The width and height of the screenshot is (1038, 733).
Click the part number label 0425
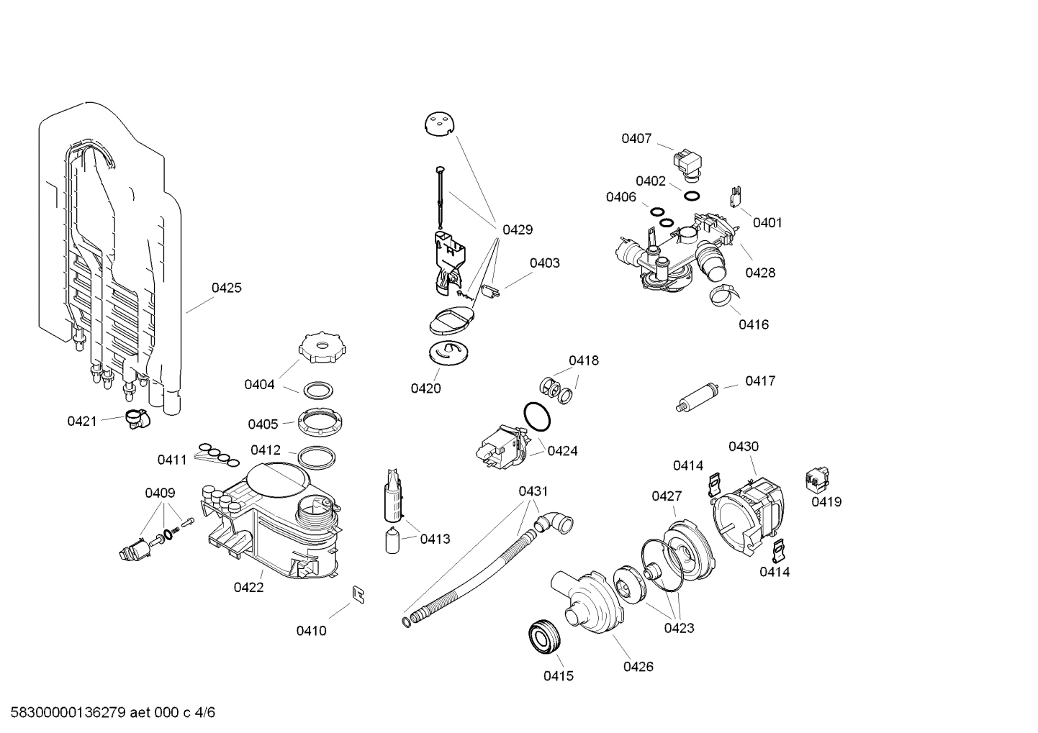pyautogui.click(x=226, y=288)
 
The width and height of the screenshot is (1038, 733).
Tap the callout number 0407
pyautogui.click(x=636, y=138)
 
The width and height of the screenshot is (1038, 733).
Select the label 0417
pyautogui.click(x=759, y=381)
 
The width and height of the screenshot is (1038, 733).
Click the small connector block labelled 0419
pyautogui.click(x=817, y=477)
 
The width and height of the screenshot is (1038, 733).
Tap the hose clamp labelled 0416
pyautogui.click(x=722, y=293)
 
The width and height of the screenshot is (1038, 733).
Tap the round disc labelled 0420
pyautogui.click(x=448, y=352)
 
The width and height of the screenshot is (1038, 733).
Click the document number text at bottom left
pyautogui.click(x=109, y=713)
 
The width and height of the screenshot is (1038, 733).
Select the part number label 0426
pyautogui.click(x=638, y=666)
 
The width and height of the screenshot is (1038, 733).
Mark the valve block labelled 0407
pyautogui.click(x=688, y=162)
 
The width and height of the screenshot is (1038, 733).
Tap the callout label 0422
pyautogui.click(x=248, y=587)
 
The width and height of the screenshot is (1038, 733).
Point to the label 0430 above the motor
pyautogui.click(x=743, y=446)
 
